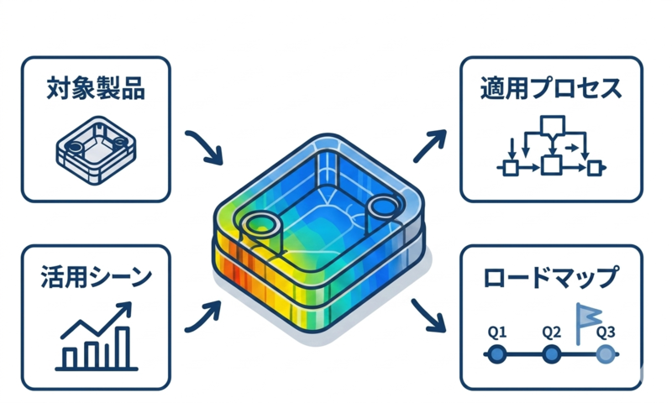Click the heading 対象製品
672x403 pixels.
(x=96, y=88)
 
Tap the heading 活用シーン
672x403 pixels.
(x=96, y=277)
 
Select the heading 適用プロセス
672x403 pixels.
(x=551, y=88)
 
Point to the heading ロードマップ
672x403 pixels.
(x=551, y=278)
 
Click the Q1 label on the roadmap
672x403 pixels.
(x=497, y=332)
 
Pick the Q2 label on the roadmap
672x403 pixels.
(x=551, y=332)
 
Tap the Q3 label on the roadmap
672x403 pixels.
(x=606, y=332)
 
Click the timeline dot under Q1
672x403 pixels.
(x=497, y=354)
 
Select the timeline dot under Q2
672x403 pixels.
(x=552, y=354)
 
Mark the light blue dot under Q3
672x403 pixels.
(x=605, y=354)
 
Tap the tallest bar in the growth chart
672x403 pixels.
(x=123, y=348)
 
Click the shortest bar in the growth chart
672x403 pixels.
(x=70, y=358)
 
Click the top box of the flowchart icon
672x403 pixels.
(x=553, y=124)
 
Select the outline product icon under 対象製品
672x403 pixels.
(x=96, y=150)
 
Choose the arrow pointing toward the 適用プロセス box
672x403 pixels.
(x=430, y=146)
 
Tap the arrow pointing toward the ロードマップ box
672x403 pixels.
(x=428, y=316)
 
